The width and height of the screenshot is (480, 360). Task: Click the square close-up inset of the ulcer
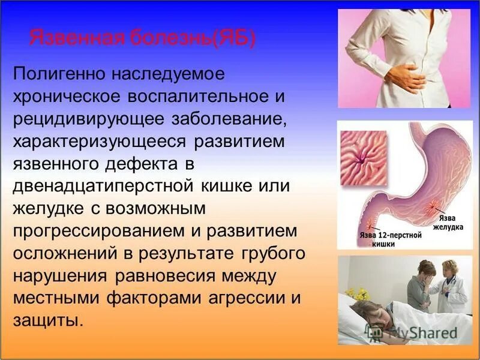(363, 158)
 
